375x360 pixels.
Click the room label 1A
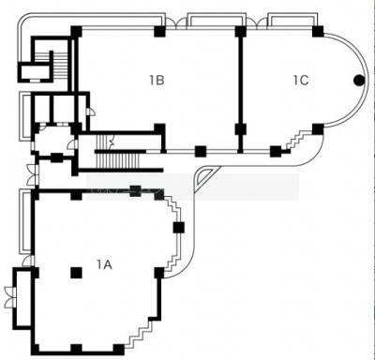click(x=104, y=265)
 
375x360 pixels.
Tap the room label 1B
click(x=157, y=81)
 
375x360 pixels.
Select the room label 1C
click(x=301, y=81)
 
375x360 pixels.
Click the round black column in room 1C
click(x=359, y=81)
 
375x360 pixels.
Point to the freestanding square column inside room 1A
click(x=76, y=273)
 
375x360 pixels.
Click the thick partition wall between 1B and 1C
click(x=240, y=91)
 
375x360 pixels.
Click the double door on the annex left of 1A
click(x=10, y=297)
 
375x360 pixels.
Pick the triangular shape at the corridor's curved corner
click(x=205, y=176)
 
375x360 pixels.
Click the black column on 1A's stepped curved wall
click(x=179, y=227)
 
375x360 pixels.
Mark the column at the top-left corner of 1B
click(x=76, y=32)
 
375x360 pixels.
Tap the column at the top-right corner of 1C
click(x=318, y=31)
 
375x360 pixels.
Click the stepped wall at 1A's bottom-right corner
click(x=140, y=333)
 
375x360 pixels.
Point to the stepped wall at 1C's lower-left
click(x=297, y=140)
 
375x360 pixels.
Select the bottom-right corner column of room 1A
click(x=118, y=349)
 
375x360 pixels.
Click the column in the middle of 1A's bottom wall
click(x=76, y=349)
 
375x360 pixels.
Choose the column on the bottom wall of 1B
click(x=201, y=151)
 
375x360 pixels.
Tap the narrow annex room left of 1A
click(x=23, y=297)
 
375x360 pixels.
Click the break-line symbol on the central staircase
click(x=111, y=142)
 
